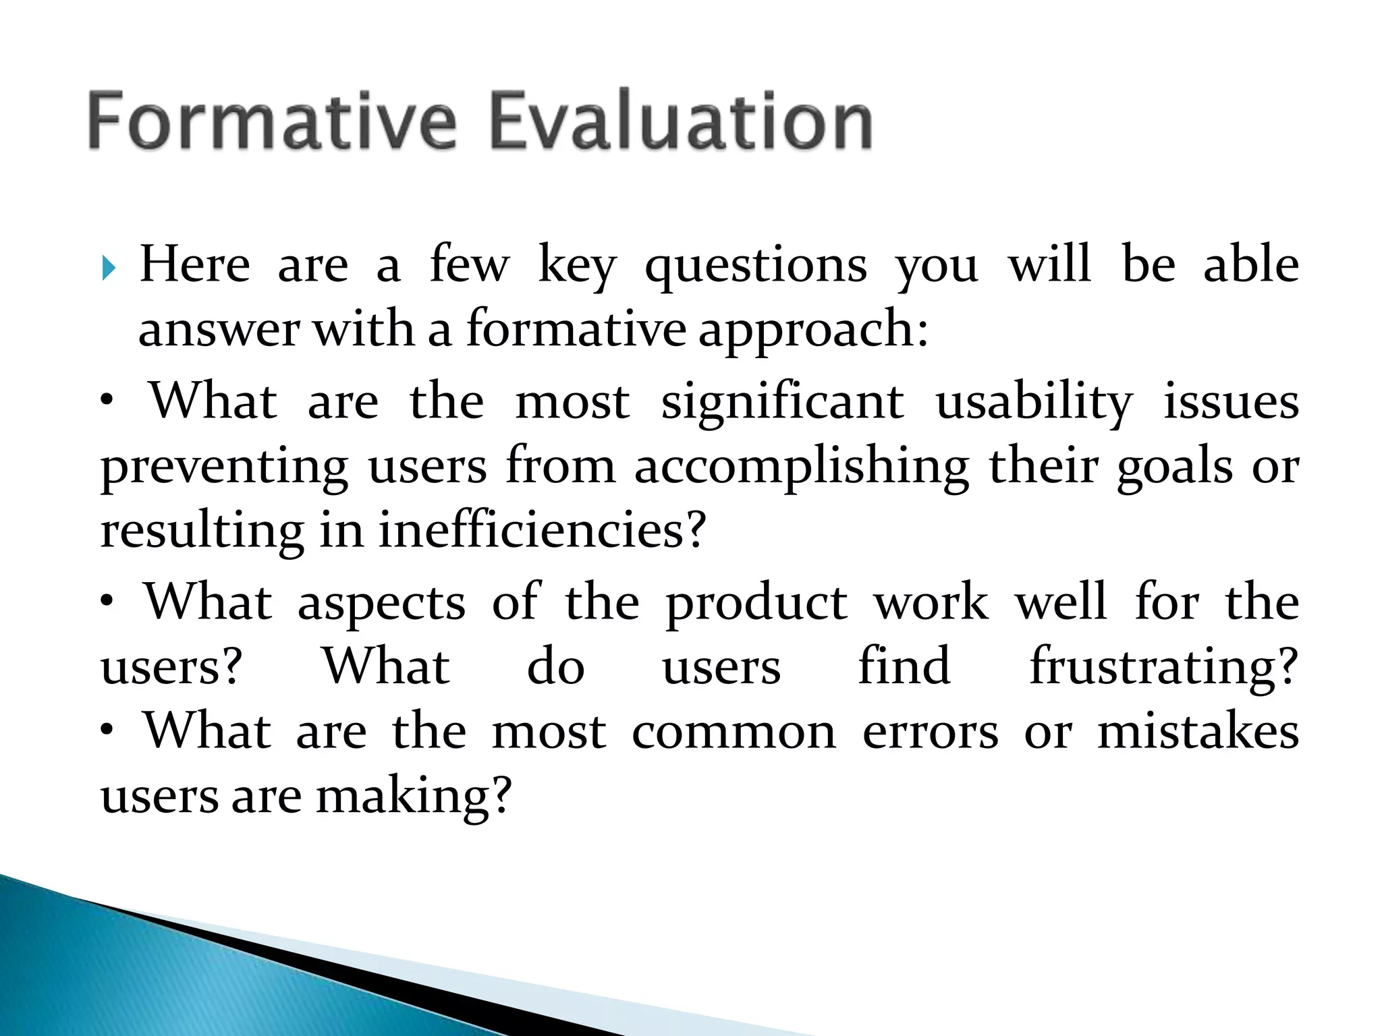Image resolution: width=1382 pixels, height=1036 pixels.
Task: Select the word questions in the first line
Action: (756, 266)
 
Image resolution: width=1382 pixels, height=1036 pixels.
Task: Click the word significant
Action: (782, 402)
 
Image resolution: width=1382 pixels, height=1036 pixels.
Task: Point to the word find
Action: (904, 666)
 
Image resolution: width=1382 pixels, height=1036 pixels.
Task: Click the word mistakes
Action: (1198, 732)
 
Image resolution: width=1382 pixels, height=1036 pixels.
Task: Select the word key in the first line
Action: (577, 266)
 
